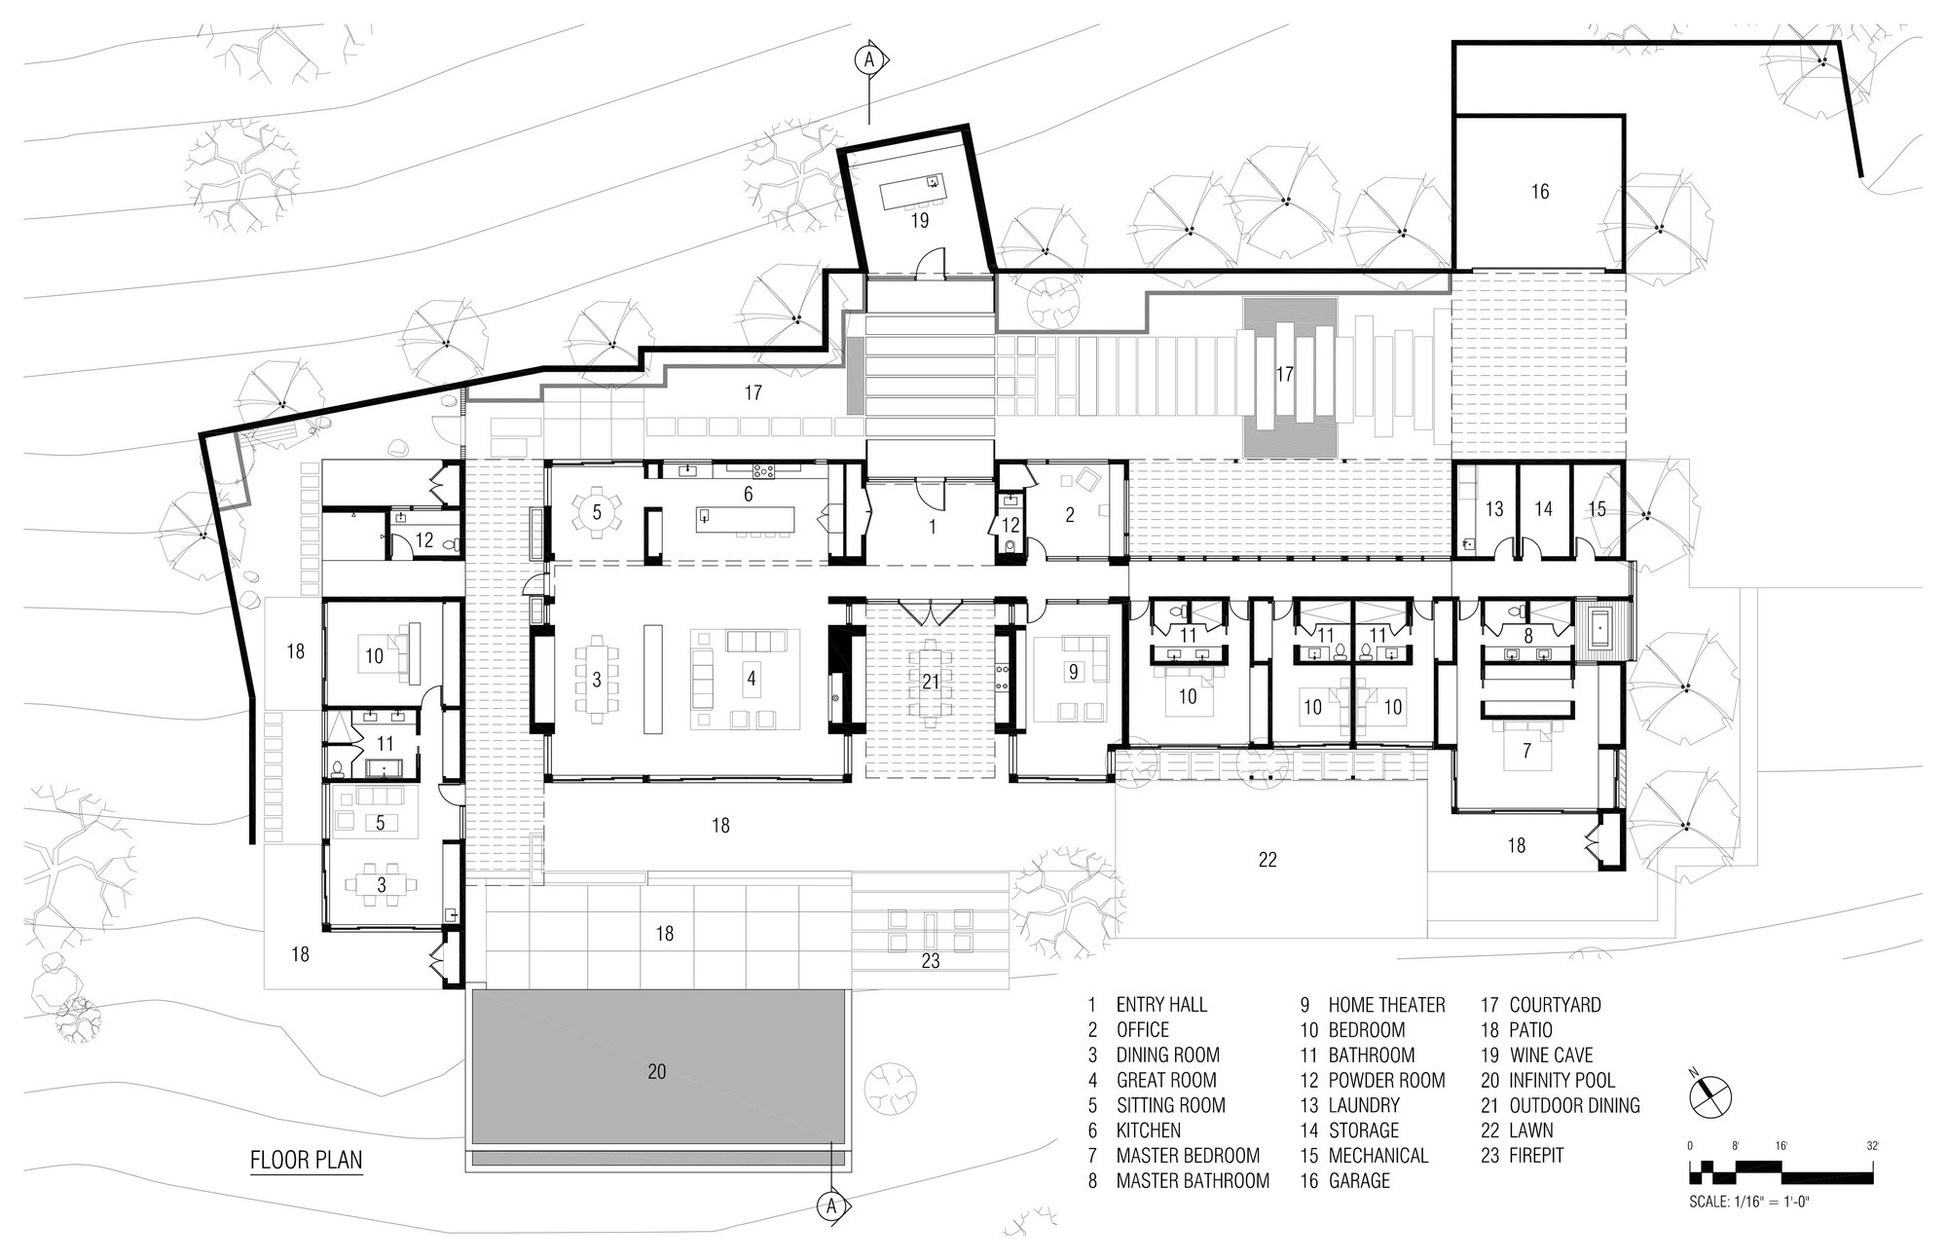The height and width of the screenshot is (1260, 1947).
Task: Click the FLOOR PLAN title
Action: (306, 1160)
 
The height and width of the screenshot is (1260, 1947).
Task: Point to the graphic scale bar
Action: (1783, 1168)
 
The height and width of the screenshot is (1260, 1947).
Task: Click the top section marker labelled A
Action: (869, 59)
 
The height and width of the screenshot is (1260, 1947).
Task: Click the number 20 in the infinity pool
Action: (657, 1071)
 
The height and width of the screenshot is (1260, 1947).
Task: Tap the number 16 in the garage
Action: (1539, 191)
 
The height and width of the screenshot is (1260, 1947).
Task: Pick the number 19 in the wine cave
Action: (919, 220)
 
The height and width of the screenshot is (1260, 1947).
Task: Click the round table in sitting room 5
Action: (598, 510)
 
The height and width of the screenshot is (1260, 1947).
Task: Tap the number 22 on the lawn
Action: (1267, 859)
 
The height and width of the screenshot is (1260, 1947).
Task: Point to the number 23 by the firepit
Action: (931, 961)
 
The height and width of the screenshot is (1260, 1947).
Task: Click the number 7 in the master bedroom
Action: (1526, 751)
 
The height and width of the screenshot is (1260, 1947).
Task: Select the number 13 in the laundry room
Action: (1494, 508)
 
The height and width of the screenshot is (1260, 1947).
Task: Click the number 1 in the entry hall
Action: (932, 527)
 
